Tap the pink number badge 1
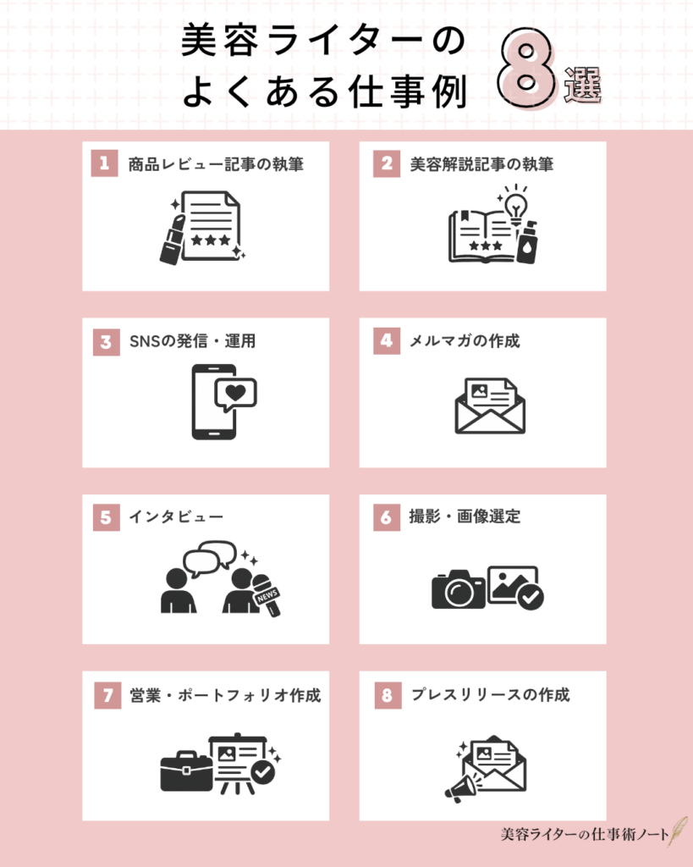point(106,164)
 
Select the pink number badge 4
point(387,341)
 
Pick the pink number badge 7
point(106,695)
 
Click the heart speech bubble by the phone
point(234,394)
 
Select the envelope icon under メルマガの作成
point(490,406)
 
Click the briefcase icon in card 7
point(186,770)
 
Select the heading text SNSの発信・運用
point(191,341)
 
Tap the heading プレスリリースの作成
point(490,695)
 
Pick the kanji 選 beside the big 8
point(582,86)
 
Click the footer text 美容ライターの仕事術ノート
point(583,834)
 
